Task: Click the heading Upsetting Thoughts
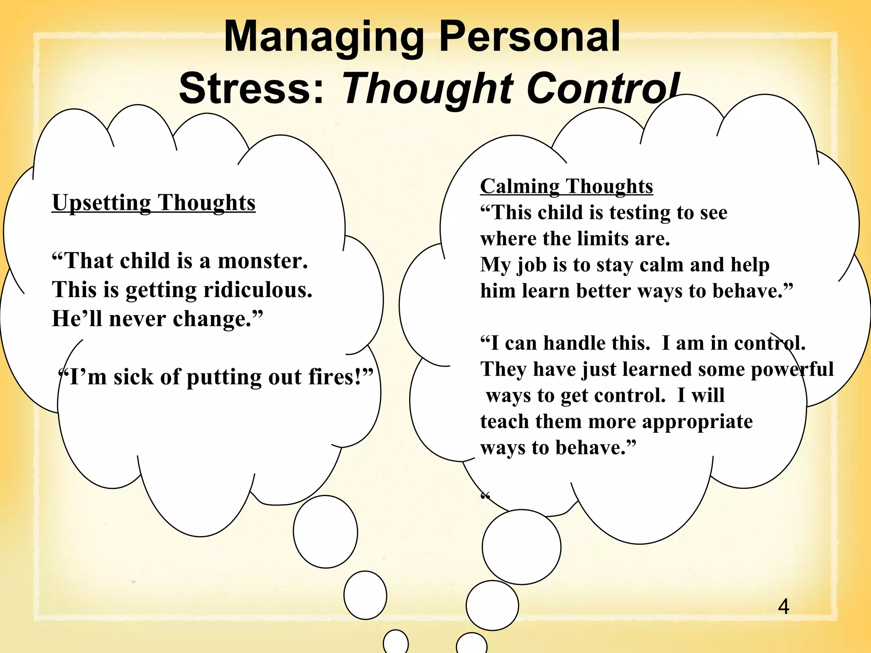coord(154,203)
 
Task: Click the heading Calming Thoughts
coord(566,186)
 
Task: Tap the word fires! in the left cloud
coord(340,377)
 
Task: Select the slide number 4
coord(783,607)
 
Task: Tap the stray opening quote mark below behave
coord(485,496)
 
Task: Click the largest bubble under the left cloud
coord(325,531)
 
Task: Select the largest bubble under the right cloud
coord(521,547)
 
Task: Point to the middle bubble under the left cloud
coord(365,595)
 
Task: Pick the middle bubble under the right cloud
coord(492,605)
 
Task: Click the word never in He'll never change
coord(137,319)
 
